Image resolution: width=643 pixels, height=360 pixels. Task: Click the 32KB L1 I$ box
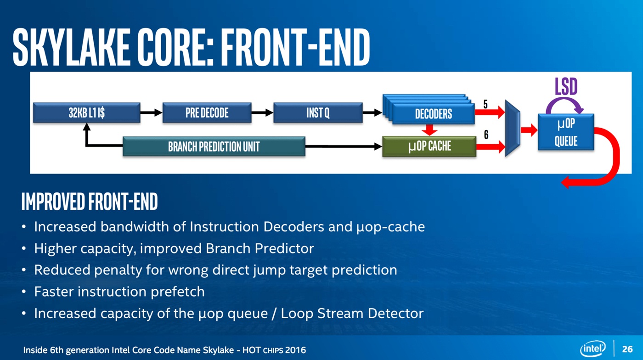click(86, 113)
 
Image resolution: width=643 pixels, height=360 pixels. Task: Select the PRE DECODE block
click(207, 113)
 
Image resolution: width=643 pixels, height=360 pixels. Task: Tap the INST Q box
click(318, 113)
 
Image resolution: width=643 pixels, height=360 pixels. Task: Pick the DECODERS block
click(433, 114)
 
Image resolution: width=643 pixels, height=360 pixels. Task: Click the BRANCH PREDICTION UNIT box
click(214, 146)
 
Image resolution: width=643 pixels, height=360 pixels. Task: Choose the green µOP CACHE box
click(429, 146)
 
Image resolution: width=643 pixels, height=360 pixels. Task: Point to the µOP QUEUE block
click(566, 132)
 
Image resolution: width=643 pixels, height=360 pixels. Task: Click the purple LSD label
click(566, 86)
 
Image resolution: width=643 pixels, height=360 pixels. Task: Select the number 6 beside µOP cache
click(486, 135)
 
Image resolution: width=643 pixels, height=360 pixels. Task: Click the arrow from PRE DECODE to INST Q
click(262, 113)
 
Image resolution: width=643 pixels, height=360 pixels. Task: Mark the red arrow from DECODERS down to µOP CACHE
click(429, 129)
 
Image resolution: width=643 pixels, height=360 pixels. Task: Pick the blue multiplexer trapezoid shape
click(513, 129)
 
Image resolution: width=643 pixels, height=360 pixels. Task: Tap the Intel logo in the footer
click(592, 349)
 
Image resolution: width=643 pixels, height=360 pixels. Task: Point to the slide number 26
click(627, 349)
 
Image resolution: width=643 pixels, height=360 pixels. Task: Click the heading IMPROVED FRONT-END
click(90, 202)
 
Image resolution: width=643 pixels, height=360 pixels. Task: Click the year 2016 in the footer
click(295, 350)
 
